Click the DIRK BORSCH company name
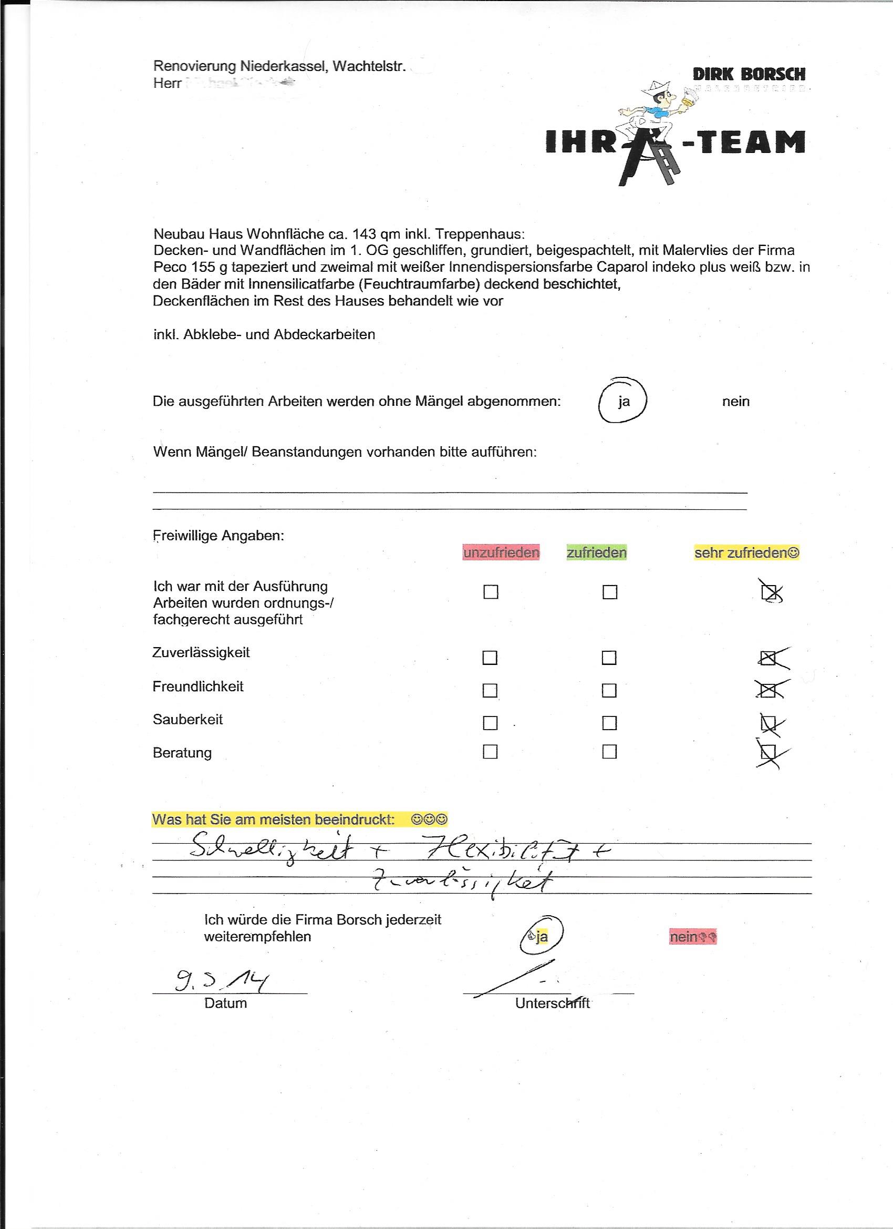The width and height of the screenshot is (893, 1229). pos(749,74)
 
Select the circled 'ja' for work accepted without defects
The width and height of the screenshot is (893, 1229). pos(624,402)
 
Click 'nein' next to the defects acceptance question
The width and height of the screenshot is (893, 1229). pos(735,402)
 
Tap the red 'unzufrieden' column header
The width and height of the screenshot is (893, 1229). pos(501,552)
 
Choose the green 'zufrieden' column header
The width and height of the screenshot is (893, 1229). pos(596,552)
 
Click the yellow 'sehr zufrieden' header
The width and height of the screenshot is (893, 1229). pos(746,552)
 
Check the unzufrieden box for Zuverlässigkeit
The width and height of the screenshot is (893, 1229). pos(490,658)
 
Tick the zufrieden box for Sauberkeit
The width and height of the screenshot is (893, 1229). pos(609,723)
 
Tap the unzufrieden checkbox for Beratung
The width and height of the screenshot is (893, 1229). pos(490,752)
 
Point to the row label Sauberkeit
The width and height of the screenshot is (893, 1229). pos(188,720)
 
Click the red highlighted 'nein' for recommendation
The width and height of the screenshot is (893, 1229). pos(692,937)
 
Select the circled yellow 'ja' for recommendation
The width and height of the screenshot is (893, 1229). pos(542,937)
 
